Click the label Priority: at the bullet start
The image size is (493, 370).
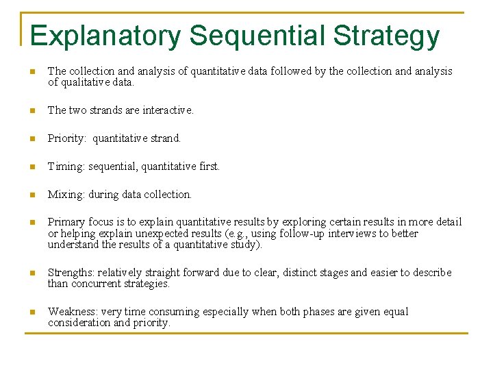(67, 138)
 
